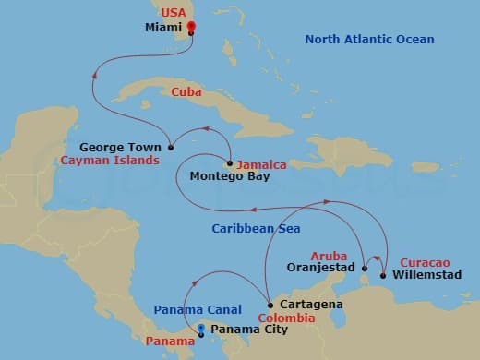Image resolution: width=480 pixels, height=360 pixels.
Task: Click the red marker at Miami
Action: pos(191,27)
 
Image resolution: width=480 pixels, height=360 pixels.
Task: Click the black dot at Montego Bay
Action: pos(228,163)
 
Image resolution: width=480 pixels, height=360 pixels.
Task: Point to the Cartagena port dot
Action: pos(269,305)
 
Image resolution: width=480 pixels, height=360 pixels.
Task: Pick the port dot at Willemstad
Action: pos(382,274)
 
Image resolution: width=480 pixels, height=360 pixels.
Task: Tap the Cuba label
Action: pos(187,91)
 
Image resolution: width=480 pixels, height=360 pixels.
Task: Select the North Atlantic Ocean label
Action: pos(369,40)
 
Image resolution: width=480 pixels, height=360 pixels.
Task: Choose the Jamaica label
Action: pos(261,165)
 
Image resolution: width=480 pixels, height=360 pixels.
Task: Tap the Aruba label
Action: pos(328,255)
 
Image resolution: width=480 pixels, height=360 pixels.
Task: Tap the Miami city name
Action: pos(164,28)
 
